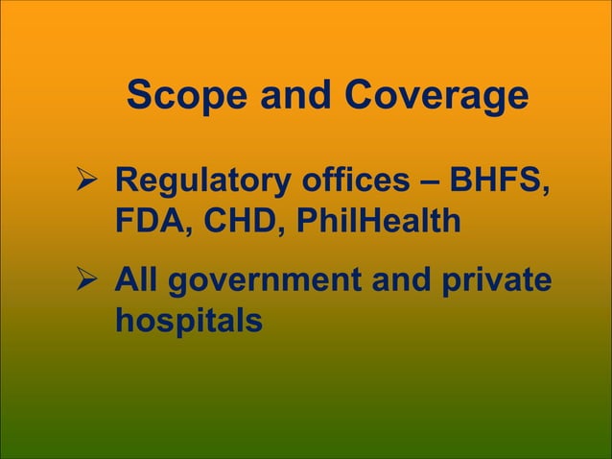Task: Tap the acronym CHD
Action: coord(247,222)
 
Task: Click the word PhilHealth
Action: coord(377,222)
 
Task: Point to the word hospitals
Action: coord(188,322)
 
